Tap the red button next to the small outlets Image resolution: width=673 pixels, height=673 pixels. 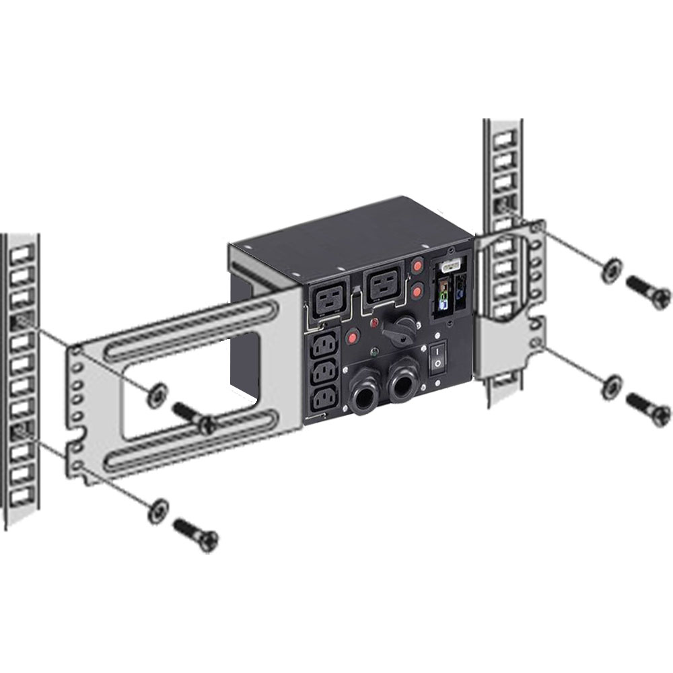pos(352,337)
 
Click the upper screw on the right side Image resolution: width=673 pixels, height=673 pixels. pos(648,291)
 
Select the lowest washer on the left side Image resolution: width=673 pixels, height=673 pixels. pos(158,509)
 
